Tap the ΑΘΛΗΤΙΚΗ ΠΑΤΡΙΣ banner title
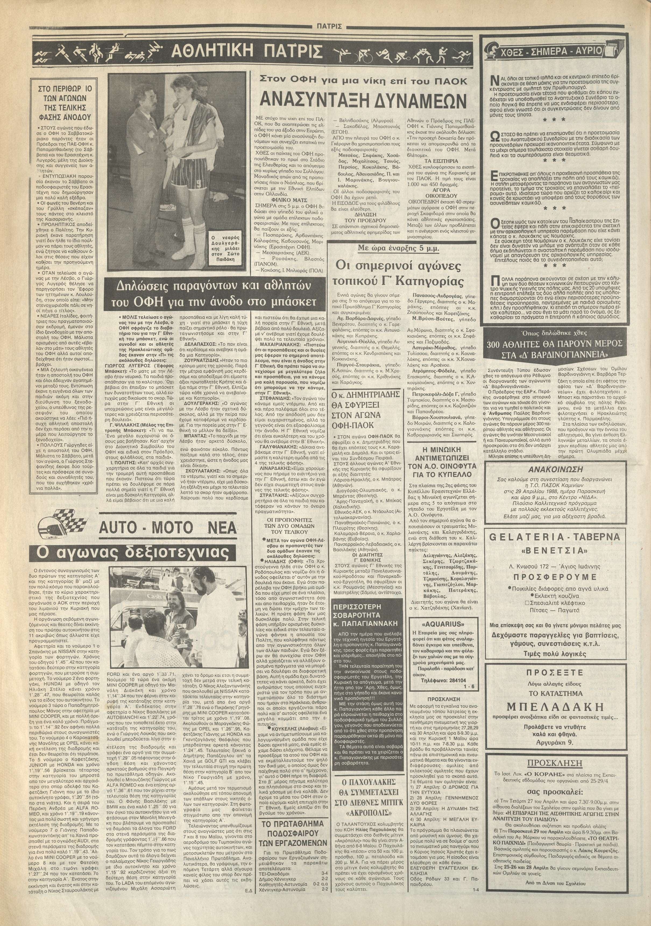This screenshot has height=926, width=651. [247, 52]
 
